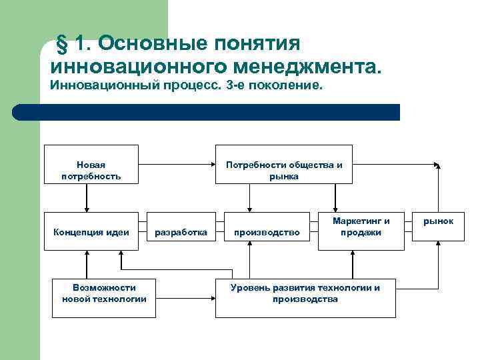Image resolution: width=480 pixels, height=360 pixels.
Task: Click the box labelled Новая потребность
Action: (91, 164)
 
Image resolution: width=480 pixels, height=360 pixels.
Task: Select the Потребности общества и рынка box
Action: (283, 164)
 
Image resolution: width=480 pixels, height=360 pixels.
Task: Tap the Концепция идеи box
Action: (91, 231)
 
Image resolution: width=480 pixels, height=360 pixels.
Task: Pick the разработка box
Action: (181, 231)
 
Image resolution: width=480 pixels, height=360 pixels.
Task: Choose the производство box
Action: (267, 231)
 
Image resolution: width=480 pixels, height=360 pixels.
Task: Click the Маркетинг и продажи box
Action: (361, 227)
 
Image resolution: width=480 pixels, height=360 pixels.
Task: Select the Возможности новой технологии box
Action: (104, 293)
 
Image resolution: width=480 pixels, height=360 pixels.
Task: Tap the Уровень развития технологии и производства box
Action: (305, 293)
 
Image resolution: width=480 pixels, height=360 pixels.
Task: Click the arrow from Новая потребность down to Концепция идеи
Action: (87, 197)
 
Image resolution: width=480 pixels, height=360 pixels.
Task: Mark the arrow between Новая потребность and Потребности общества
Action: (176, 163)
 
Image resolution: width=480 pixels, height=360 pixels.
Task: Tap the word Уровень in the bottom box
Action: (248, 288)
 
